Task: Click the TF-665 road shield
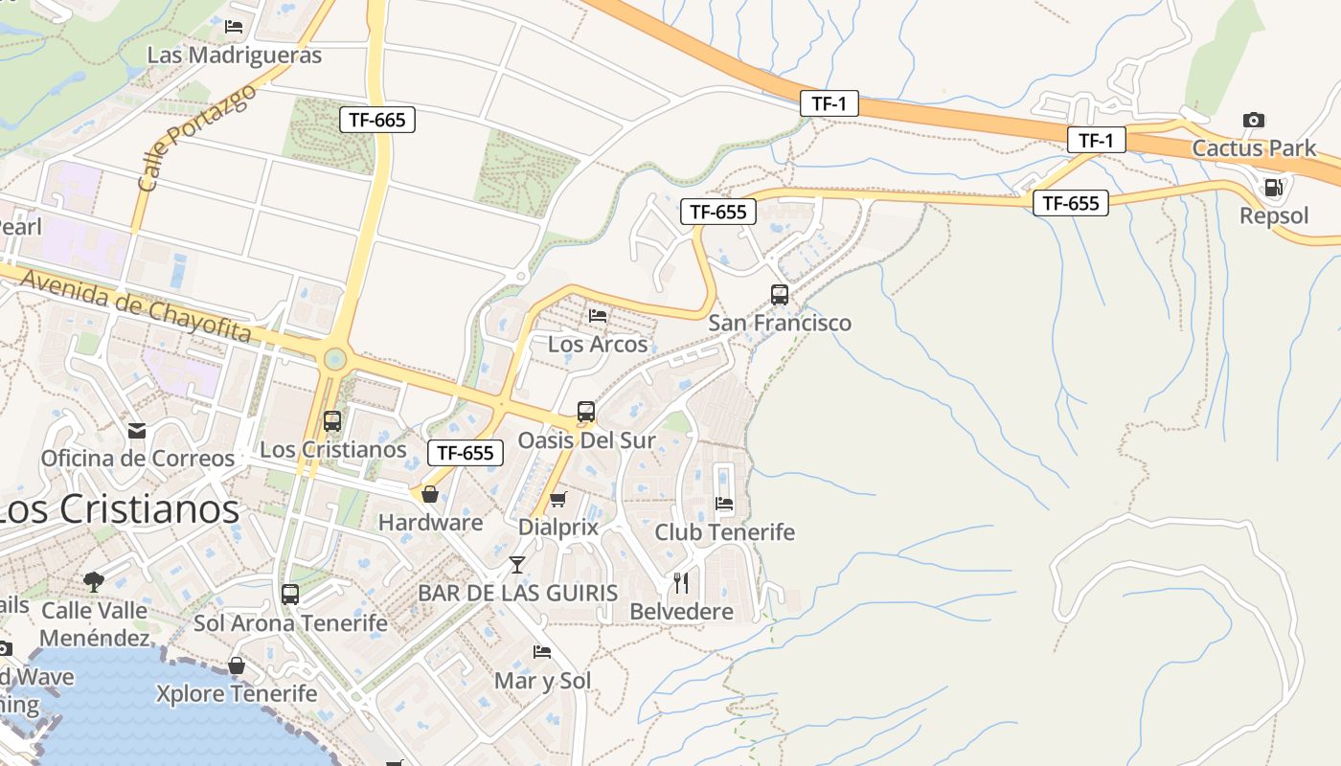(x=377, y=120)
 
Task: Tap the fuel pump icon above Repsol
(x=1273, y=188)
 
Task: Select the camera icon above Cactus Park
(x=1253, y=120)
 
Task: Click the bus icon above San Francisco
(x=780, y=294)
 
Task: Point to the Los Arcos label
(x=598, y=344)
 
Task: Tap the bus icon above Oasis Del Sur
(x=586, y=412)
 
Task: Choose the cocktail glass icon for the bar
(x=517, y=564)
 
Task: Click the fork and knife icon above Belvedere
(x=681, y=582)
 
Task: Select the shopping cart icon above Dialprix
(x=558, y=498)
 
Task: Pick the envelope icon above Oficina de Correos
(x=137, y=430)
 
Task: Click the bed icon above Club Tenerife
(x=724, y=503)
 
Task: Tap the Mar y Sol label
(x=542, y=681)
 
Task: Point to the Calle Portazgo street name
(x=197, y=136)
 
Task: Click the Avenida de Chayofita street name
(x=135, y=305)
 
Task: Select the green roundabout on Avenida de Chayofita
(x=334, y=359)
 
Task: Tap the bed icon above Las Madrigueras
(x=234, y=27)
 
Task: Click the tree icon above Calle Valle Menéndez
(x=94, y=580)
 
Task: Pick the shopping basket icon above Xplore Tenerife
(x=237, y=665)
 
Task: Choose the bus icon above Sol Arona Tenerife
(x=290, y=594)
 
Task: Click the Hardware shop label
(x=430, y=523)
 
